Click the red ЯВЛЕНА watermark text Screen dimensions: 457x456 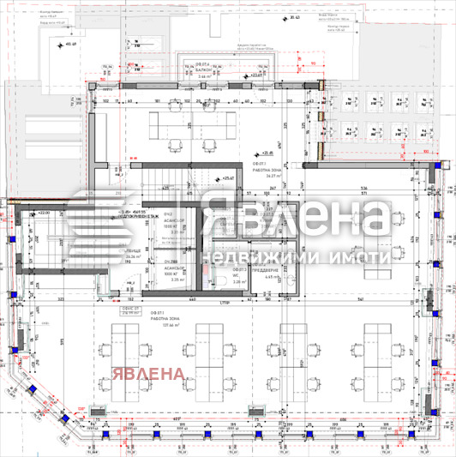click(147, 374)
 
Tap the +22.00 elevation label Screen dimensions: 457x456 click(41, 213)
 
